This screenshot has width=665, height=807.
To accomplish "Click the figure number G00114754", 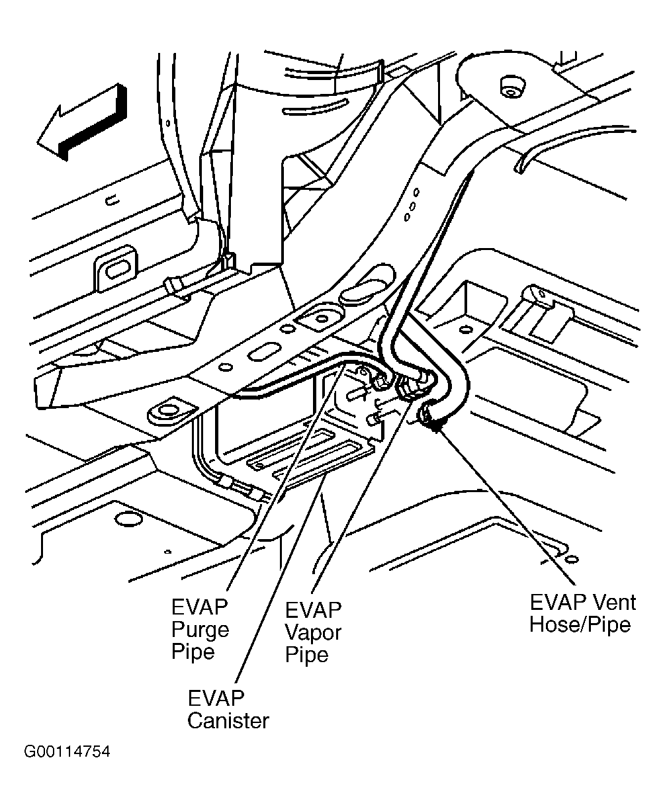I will pos(67,753).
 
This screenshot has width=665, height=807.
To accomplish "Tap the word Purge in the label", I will pos(200,629).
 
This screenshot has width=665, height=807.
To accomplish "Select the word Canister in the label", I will pos(228,720).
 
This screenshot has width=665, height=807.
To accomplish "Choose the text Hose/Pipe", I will pos(580,624).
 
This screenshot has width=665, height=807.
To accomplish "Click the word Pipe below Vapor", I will pos(307,655).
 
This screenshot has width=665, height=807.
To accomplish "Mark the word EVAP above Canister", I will pos(216,698).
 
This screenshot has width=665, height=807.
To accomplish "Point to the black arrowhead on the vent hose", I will pos(435,429).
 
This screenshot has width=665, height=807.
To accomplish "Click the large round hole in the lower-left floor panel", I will pos(122,516).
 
